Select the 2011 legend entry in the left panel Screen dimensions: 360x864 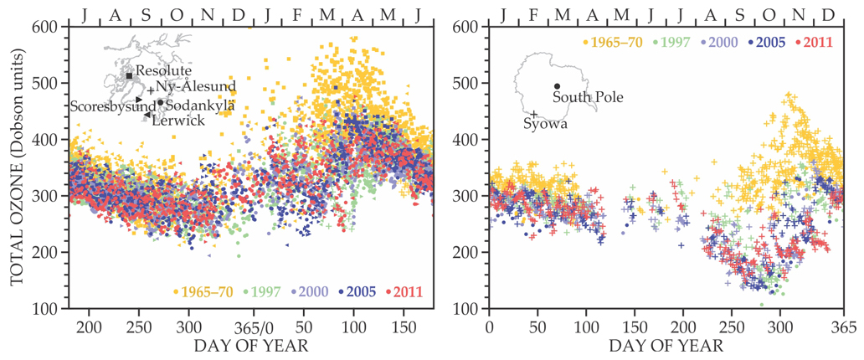[x=405, y=291]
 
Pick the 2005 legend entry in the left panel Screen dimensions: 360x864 [x=358, y=291]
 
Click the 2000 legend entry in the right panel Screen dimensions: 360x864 [x=726, y=41]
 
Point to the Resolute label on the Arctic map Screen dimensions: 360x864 [x=163, y=72]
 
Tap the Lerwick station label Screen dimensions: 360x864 [x=179, y=121]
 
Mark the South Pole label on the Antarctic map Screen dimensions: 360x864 [x=589, y=97]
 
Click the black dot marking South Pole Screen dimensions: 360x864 [x=557, y=86]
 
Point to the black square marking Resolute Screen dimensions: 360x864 [x=129, y=76]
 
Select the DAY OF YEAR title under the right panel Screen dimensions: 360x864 [x=666, y=345]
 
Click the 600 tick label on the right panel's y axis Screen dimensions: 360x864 [x=465, y=27]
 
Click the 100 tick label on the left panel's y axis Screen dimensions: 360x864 [x=45, y=310]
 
